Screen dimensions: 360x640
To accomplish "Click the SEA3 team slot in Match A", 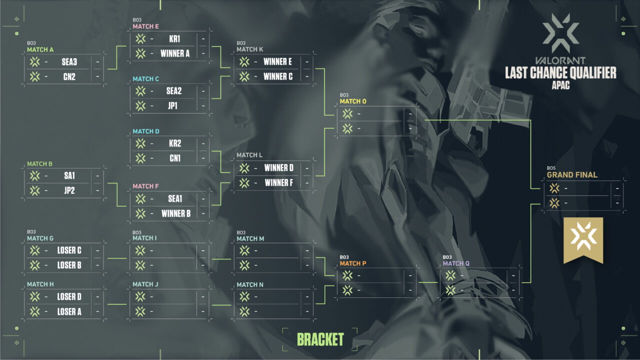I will (x=69, y=62).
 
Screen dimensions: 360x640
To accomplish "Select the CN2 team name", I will (x=69, y=77).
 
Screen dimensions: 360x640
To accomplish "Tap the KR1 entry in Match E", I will (x=174, y=38).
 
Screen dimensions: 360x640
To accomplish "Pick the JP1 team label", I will (x=173, y=106).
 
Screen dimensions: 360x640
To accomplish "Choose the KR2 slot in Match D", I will (x=175, y=143).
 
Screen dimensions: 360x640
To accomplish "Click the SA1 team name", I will (x=69, y=175).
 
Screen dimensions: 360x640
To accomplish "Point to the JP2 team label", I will (x=69, y=190).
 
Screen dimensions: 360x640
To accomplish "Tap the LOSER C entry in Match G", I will (x=69, y=250).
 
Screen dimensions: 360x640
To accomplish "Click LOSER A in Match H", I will (x=69, y=311).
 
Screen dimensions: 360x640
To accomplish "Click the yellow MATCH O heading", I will (x=353, y=101).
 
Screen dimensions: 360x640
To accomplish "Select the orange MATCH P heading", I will (x=352, y=263).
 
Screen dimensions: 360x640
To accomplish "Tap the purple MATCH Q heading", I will (x=456, y=263).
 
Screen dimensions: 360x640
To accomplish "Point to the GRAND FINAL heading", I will (x=572, y=175).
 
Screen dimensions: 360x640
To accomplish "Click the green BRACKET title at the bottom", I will (x=320, y=339).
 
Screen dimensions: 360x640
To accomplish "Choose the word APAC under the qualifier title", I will (x=560, y=85).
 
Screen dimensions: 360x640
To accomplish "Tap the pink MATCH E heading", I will (x=145, y=26).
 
